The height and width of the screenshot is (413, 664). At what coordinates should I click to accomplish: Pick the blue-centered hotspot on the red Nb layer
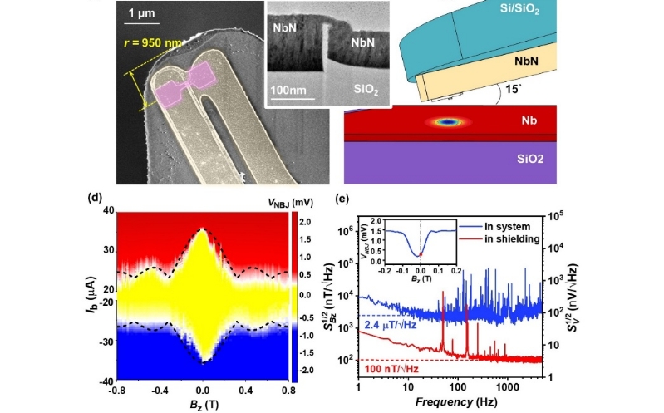click(450, 121)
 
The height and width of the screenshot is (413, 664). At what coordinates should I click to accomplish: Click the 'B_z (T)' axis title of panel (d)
click(202, 406)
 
